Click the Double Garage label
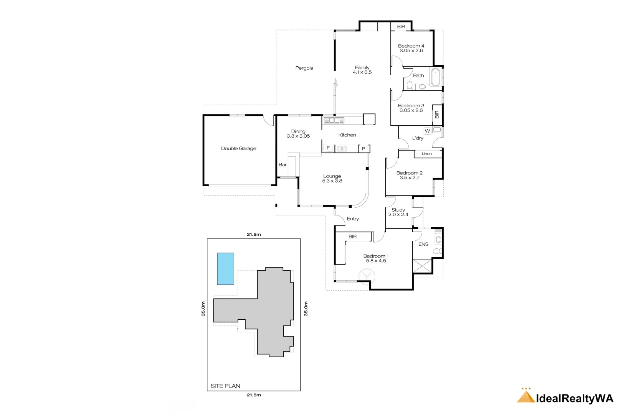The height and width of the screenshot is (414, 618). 238,148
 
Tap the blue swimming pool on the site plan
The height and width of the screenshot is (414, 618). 225,268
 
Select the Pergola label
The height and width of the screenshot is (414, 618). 304,68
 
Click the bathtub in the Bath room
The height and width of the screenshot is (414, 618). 435,77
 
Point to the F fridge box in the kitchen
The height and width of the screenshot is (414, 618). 328,148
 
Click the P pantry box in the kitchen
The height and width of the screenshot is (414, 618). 364,149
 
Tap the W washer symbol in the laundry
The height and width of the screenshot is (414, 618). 427,131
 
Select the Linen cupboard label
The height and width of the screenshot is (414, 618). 426,154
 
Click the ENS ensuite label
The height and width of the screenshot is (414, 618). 423,244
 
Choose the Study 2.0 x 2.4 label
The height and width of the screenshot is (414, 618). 398,212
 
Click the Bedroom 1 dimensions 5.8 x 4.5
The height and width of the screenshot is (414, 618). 376,261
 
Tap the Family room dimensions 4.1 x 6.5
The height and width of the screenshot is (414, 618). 362,72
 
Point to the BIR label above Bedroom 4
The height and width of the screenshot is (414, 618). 401,26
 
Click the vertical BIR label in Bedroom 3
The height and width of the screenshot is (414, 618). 437,114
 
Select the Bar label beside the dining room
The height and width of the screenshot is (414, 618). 283,164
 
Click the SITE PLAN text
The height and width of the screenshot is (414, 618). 225,386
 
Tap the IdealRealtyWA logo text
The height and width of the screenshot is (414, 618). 574,398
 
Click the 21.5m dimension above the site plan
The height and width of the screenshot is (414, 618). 254,234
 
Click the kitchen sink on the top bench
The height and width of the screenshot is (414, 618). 334,120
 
